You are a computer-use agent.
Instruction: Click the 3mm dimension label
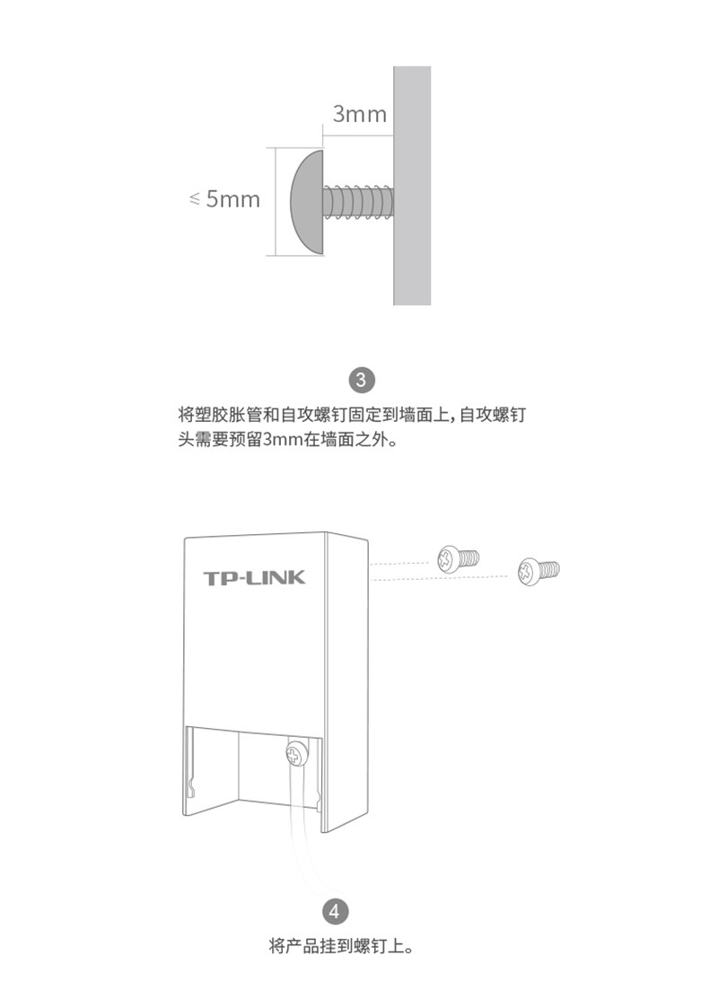pyautogui.click(x=359, y=114)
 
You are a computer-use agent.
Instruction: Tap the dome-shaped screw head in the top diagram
pyautogui.click(x=306, y=199)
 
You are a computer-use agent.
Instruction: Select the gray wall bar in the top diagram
pyautogui.click(x=411, y=184)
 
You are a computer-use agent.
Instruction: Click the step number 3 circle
pyautogui.click(x=361, y=379)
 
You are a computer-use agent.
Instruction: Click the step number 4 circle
pyautogui.click(x=335, y=912)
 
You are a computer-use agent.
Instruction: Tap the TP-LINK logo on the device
pyautogui.click(x=254, y=576)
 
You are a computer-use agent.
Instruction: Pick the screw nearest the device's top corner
pyautogui.click(x=456, y=558)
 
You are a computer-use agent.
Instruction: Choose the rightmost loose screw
pyautogui.click(x=538, y=569)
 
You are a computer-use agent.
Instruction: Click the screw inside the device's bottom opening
pyautogui.click(x=296, y=754)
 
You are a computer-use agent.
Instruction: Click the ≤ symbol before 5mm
pyautogui.click(x=195, y=199)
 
